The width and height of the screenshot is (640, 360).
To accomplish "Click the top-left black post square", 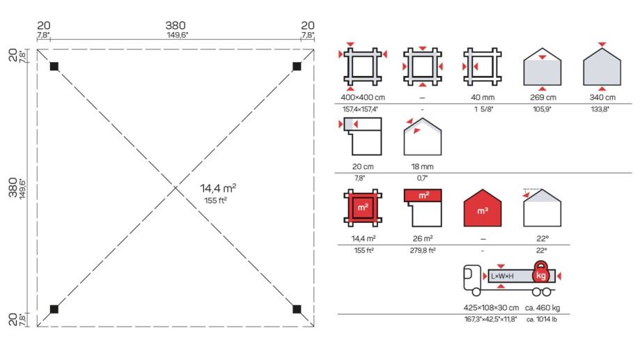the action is tap(54, 66).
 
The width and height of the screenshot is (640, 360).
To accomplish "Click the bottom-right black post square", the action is tap(297, 309).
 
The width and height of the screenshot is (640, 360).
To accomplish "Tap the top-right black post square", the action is tap(297, 66).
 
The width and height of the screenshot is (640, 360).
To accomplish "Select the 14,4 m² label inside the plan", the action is tap(218, 188).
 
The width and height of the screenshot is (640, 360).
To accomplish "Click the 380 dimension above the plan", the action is tap(175, 25).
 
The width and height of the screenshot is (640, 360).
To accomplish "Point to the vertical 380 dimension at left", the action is tap(13, 187).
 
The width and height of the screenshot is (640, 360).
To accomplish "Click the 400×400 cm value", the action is tap(363, 97).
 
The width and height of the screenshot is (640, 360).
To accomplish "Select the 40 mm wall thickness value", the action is tap(483, 97).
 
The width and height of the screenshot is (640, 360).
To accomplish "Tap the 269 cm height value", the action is tap(543, 97).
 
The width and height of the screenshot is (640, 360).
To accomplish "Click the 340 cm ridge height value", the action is tap(602, 97).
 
